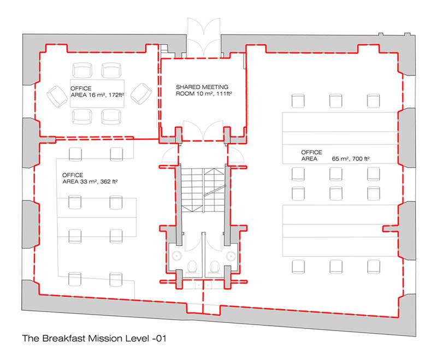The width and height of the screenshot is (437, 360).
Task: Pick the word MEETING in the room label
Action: [215, 87]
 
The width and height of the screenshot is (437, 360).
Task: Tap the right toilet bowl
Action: [214, 266]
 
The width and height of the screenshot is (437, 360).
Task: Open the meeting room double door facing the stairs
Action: [203, 130]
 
